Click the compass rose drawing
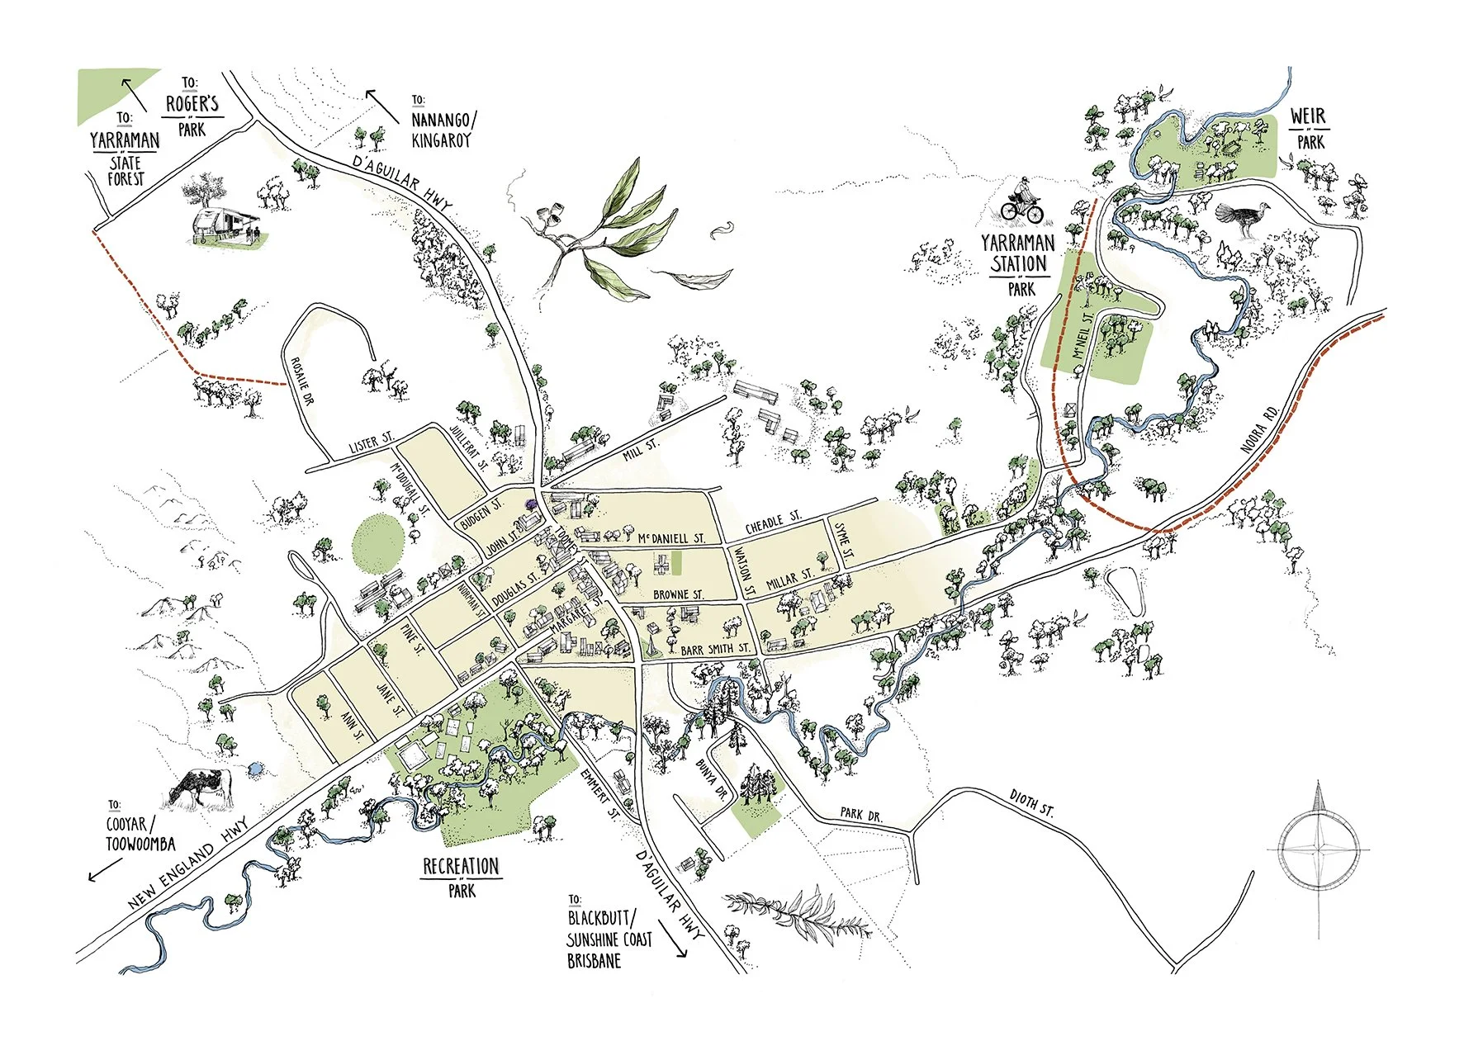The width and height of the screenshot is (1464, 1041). [1319, 848]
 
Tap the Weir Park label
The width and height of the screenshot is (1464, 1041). [1309, 128]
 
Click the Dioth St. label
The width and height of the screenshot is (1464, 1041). [1031, 802]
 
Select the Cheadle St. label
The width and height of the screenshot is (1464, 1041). [773, 523]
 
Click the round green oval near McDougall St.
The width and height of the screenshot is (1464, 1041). [379, 542]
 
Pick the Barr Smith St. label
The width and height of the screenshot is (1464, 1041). [715, 649]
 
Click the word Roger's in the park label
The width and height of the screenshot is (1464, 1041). [192, 104]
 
